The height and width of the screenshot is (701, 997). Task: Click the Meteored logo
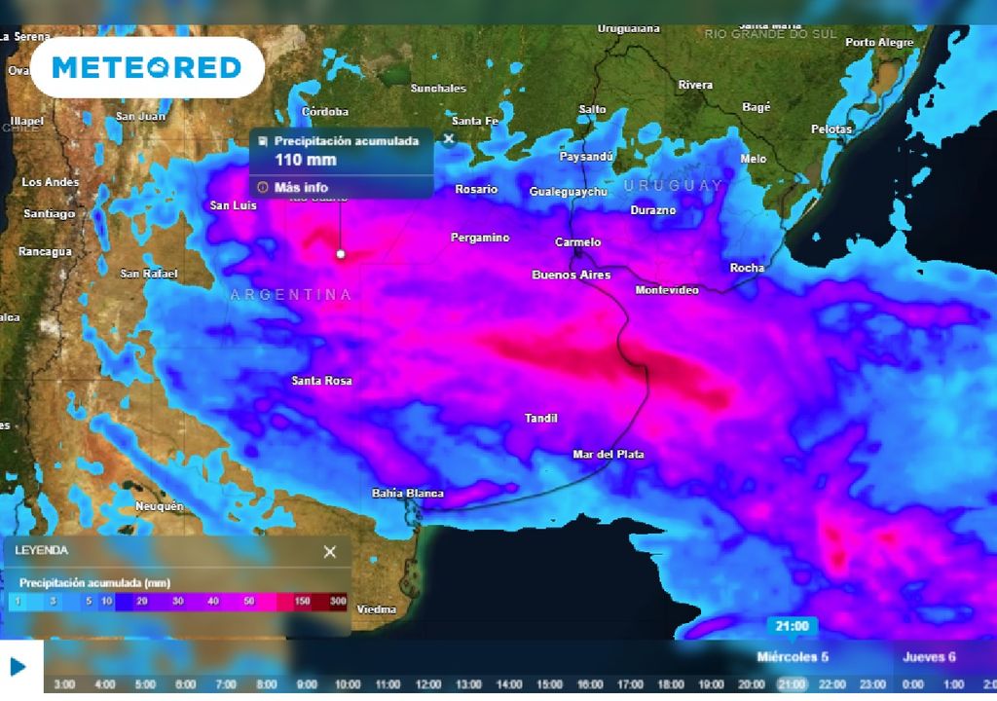146,67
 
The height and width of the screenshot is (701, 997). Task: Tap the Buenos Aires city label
571,275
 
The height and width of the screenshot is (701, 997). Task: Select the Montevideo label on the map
667,290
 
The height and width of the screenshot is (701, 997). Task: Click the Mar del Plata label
608,454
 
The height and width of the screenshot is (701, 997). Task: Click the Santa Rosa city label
321,381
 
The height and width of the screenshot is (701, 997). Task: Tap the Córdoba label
325,111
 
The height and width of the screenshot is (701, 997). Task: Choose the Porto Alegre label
879,43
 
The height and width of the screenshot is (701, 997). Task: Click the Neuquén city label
159,506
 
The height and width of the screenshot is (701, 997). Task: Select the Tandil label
540,418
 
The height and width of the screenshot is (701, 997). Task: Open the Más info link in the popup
301,187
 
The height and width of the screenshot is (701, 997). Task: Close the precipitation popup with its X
449,138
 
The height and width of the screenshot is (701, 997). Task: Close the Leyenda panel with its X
330,552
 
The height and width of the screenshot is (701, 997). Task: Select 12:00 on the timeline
427,684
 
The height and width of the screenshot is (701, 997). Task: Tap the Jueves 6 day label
929,657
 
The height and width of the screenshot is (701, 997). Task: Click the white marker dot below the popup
341,253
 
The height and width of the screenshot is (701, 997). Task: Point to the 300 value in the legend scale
336,602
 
